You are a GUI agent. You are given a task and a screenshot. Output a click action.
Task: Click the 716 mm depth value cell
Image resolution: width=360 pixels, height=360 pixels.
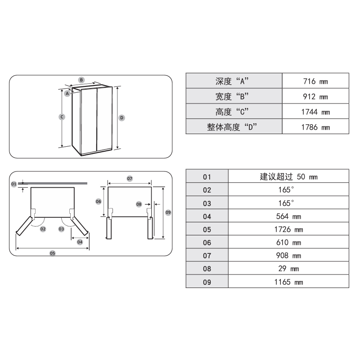tap(315, 81)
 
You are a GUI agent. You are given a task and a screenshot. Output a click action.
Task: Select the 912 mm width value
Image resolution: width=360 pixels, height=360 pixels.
tap(315, 97)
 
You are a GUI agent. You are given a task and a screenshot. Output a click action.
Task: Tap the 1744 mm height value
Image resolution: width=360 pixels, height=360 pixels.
tap(315, 112)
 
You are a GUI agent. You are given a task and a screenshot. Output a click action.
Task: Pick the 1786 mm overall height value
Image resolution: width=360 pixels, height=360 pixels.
tap(315, 127)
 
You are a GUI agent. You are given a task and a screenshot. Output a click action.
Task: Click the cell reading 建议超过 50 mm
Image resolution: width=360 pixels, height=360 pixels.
tap(288, 177)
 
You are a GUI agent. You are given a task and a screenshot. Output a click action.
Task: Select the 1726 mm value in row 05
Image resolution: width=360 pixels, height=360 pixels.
tap(288, 229)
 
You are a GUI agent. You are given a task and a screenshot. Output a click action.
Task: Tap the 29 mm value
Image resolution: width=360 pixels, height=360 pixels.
tap(288, 269)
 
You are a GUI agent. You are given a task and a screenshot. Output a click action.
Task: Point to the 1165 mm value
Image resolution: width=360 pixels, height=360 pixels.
tap(288, 282)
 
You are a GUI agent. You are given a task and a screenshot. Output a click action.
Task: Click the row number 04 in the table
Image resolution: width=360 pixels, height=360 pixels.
tap(207, 216)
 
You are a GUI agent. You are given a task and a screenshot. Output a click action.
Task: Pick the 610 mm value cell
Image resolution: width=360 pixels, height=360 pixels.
tap(288, 243)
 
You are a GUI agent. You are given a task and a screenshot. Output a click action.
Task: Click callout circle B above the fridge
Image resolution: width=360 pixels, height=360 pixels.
tap(81, 80)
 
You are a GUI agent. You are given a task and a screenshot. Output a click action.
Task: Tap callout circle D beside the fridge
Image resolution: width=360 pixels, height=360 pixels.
tap(121, 117)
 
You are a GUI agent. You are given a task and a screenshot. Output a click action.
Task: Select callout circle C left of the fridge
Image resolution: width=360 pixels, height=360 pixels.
tap(62, 117)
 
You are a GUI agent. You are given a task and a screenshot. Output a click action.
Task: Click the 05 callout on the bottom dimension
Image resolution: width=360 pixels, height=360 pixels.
tap(52, 253)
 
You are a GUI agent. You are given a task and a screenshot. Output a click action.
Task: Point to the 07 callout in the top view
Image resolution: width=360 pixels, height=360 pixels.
tap(130, 179)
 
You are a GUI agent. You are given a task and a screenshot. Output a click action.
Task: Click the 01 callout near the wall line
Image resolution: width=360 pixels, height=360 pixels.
tap(13, 184)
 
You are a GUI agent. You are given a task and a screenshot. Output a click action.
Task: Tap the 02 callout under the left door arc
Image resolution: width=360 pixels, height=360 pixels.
tap(43, 229)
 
